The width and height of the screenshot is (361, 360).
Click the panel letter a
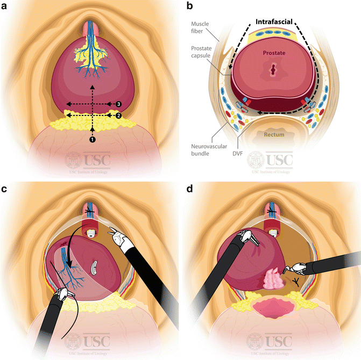click(x=5, y=6)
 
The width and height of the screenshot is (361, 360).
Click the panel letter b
click(x=189, y=6)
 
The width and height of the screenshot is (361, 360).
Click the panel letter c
click(x=5, y=189)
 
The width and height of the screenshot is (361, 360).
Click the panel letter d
click(x=189, y=189)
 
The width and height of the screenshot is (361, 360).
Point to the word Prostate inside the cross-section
click(x=274, y=53)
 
